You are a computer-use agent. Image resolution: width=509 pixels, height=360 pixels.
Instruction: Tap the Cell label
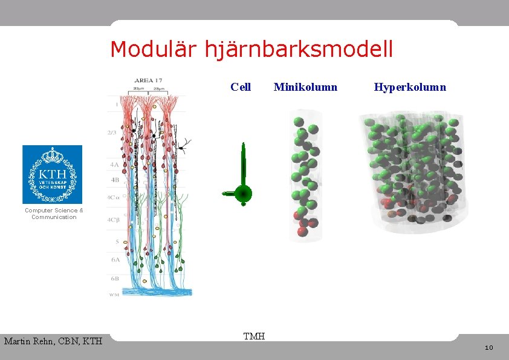coord(241,87)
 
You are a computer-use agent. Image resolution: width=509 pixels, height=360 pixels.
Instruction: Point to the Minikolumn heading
coord(305,87)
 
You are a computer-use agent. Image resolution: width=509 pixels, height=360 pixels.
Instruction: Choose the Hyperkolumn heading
coord(410,87)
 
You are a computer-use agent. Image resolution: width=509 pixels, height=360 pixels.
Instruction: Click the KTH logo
coord(52,174)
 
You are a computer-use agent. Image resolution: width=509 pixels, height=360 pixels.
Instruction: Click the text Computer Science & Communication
coord(54,214)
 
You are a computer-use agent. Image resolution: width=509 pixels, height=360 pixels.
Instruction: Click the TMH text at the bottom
coord(254,336)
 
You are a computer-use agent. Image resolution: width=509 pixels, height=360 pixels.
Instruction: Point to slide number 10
coord(489,347)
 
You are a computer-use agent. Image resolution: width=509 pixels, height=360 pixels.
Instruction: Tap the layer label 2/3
coord(113,133)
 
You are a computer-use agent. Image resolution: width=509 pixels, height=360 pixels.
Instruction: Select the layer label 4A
coord(114,164)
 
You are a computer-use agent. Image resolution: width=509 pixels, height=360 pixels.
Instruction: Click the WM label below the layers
coord(113,295)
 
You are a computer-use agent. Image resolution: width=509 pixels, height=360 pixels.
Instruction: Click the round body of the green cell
coord(243,194)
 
